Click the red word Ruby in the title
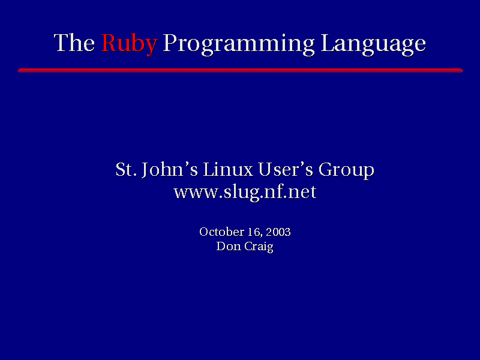pyautogui.click(x=129, y=44)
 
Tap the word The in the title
pyautogui.click(x=74, y=42)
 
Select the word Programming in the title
pyautogui.click(x=238, y=44)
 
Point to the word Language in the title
pyautogui.click(x=373, y=44)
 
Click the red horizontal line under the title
pyautogui.click(x=241, y=70)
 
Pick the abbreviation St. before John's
pyautogui.click(x=126, y=169)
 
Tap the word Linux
pyautogui.click(x=228, y=169)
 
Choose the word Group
pyautogui.click(x=346, y=170)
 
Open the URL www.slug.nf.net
pyautogui.click(x=245, y=193)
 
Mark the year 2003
pyautogui.click(x=278, y=232)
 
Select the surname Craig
pyautogui.click(x=259, y=247)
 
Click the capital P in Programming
pyautogui.click(x=170, y=43)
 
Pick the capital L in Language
pyautogui.click(x=328, y=43)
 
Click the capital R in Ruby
pyautogui.click(x=110, y=43)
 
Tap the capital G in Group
pyautogui.click(x=326, y=169)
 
